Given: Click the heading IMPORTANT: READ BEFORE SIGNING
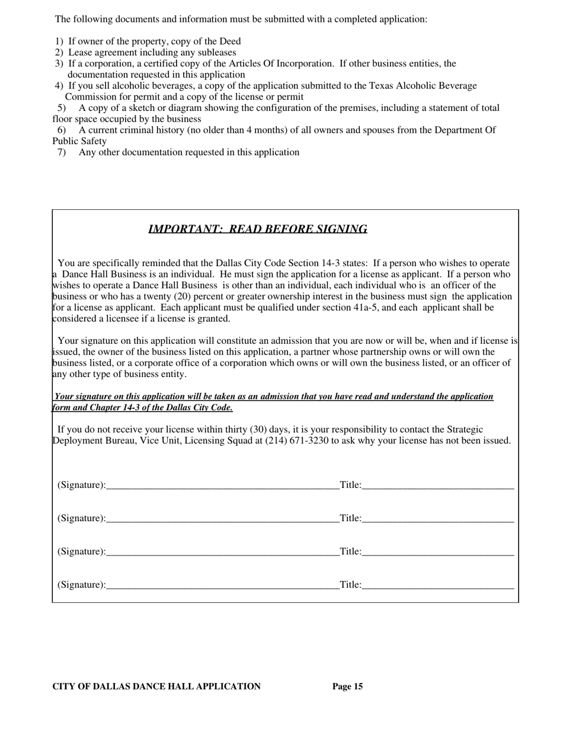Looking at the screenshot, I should (257, 229).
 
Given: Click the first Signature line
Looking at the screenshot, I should (222, 486).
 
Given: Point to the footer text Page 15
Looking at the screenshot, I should (347, 687).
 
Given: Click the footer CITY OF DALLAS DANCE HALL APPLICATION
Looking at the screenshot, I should (156, 687).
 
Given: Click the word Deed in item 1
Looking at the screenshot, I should (231, 42).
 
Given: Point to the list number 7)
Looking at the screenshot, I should (62, 152).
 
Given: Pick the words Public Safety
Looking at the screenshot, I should (79, 141).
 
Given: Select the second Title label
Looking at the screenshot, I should (350, 519).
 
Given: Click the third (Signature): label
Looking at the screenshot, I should (82, 552).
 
